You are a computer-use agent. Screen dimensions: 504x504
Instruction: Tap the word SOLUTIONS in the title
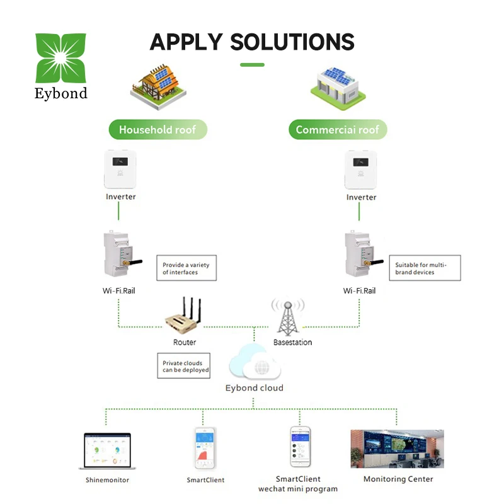point(292,42)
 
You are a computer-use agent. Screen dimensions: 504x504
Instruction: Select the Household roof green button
point(157,130)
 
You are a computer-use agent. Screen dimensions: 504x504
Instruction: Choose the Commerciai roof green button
point(338,130)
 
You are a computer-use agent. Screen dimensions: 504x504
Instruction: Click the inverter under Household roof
point(120,168)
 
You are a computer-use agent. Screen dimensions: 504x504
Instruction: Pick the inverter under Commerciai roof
point(361,168)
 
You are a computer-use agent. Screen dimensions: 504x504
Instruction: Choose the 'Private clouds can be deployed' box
point(183,366)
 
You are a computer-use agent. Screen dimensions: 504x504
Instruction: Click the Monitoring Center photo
point(397,449)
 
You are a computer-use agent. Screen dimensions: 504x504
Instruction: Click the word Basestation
point(292,342)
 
